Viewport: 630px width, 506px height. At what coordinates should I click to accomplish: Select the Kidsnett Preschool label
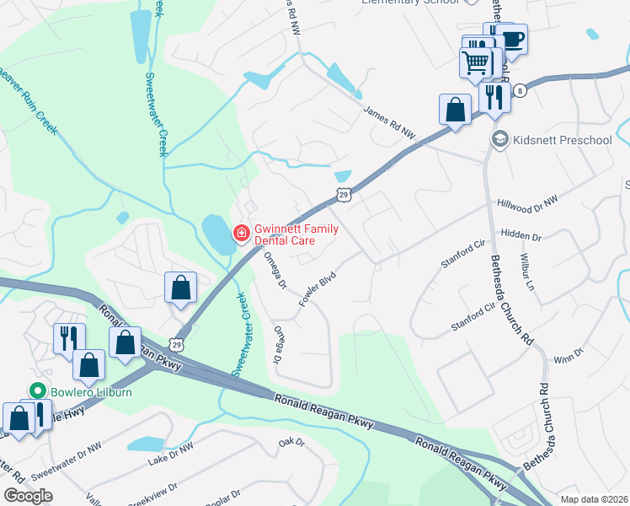coord(562,139)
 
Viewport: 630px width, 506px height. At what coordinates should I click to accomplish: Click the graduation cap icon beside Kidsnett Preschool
coord(499,139)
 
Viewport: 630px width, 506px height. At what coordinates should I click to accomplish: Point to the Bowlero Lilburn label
coord(81,391)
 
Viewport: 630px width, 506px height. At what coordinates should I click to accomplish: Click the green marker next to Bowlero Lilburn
coord(36,391)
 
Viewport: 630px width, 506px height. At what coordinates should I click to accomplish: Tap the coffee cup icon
coord(510,39)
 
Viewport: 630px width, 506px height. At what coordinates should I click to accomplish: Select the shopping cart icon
coord(475,62)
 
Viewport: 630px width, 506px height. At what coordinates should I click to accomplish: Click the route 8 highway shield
coord(521,91)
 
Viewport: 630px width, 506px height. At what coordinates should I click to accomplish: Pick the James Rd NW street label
coord(390,122)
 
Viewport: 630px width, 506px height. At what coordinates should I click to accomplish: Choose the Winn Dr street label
coord(569,355)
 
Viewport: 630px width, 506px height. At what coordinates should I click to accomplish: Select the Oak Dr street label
coord(291,442)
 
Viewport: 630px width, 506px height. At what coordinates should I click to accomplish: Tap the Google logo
coord(28,495)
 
